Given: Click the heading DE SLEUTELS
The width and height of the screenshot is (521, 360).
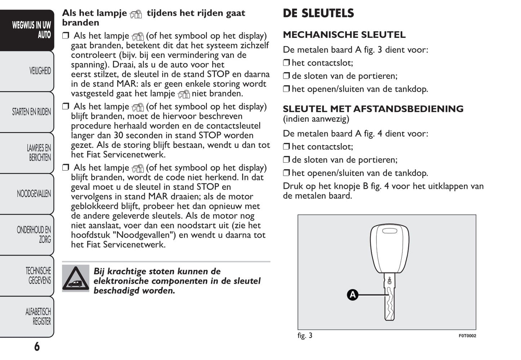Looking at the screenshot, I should [318, 13].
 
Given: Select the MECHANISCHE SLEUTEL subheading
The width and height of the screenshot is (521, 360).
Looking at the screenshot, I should [344, 35].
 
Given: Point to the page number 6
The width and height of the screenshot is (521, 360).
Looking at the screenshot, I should [37, 347].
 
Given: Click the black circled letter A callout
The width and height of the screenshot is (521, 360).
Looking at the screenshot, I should [352, 295].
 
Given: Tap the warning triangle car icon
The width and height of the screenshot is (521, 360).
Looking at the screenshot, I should [76, 278].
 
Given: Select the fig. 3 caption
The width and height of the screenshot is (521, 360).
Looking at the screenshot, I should [305, 335].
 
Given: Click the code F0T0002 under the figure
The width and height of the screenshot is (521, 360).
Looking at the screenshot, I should [467, 336].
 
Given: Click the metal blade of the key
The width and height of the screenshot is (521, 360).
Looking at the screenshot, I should [389, 303].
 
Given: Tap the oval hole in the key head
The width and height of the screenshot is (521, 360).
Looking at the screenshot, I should [389, 231].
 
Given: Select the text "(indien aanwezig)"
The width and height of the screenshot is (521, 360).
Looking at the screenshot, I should [316, 119].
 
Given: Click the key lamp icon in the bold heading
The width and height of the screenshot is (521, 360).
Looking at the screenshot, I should [136, 14].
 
